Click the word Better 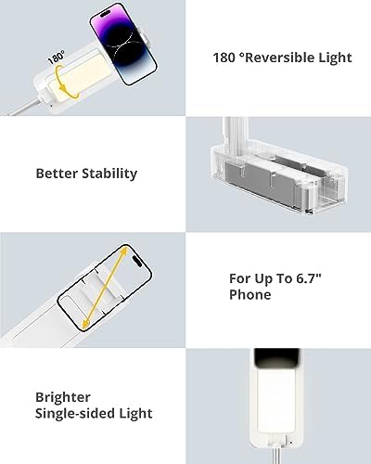56,174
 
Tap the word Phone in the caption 250,295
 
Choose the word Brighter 64,394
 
